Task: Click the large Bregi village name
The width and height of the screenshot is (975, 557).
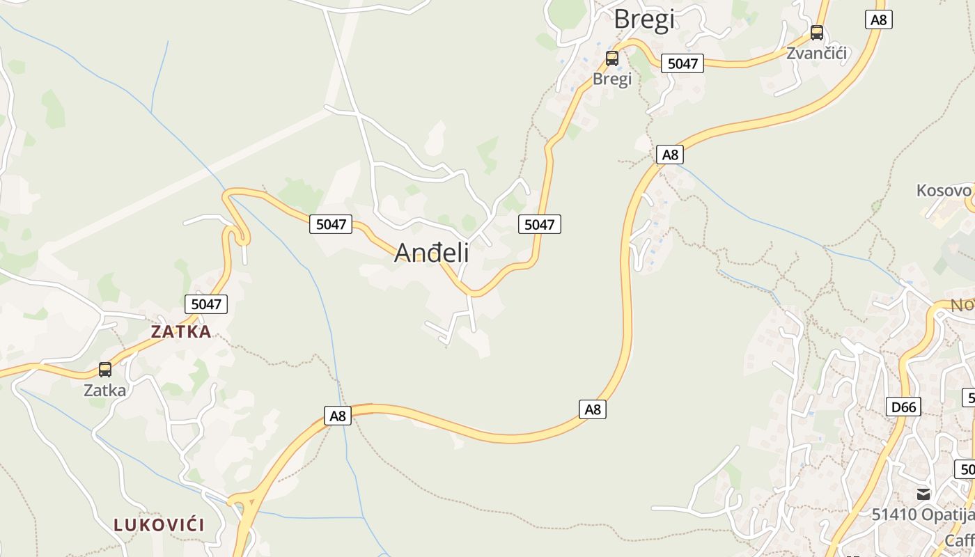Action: (643, 19)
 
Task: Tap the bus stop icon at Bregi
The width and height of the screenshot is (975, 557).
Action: (612, 58)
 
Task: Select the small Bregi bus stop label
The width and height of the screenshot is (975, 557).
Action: (612, 79)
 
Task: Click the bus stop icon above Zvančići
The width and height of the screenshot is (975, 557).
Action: (817, 32)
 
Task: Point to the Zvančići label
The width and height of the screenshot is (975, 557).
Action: (817, 53)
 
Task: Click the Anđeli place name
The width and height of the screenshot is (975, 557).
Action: (432, 253)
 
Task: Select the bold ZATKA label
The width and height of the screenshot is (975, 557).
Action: (181, 332)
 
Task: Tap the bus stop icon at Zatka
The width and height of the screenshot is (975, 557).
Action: (105, 370)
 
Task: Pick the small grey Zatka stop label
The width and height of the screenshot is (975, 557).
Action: (105, 390)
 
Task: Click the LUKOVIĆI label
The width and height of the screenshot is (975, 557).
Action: (159, 525)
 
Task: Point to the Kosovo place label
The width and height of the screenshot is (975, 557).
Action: (944, 191)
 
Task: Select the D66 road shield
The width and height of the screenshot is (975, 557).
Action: (903, 407)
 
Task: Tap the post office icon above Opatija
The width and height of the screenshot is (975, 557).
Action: (923, 494)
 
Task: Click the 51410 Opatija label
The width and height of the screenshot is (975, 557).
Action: (923, 515)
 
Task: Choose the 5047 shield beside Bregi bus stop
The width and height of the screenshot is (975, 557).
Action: (682, 63)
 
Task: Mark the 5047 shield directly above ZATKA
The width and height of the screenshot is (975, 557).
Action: (206, 304)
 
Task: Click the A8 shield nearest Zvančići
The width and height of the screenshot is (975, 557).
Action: (879, 19)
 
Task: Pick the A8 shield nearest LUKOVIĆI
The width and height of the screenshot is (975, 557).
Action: (337, 416)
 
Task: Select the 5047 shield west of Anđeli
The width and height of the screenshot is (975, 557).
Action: (331, 224)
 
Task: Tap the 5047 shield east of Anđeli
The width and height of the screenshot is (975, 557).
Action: (540, 224)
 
